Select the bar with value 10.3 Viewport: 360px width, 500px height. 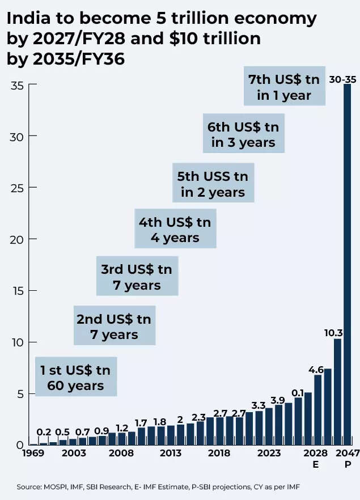point(337,391)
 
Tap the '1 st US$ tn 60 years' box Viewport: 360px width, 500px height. point(75,377)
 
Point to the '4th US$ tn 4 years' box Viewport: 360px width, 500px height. point(175,228)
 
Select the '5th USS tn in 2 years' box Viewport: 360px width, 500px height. point(213,184)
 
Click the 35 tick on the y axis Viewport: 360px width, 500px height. point(17,85)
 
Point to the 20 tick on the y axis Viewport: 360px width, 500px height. point(17,239)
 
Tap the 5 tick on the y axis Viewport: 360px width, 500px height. point(20,393)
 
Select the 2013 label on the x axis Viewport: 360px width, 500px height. point(171,454)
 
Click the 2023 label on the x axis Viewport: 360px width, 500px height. point(269,454)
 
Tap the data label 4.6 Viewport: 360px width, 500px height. point(316,370)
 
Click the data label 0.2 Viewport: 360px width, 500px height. point(44,432)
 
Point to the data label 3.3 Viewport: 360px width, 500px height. point(259,405)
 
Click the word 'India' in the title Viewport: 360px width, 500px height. point(27,19)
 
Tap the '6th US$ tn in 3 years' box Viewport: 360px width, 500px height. point(244,134)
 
